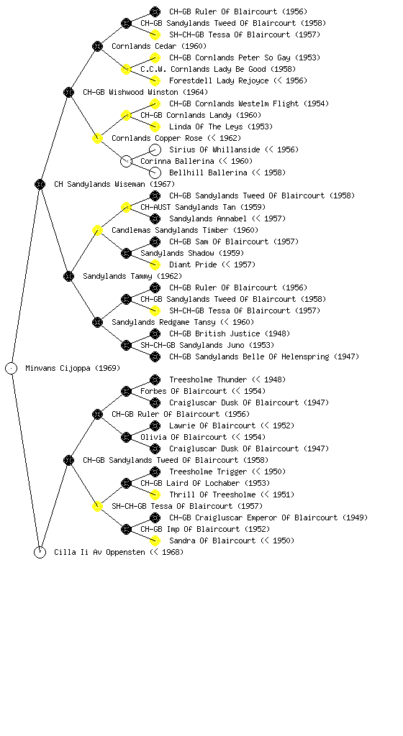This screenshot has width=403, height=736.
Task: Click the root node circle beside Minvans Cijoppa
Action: click(12, 369)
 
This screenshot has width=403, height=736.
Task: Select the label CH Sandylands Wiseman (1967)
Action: click(114, 185)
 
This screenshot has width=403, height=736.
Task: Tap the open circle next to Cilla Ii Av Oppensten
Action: click(40, 553)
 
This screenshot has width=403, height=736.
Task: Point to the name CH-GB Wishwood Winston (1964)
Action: click(145, 93)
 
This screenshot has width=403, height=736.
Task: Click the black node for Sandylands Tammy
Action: click(68, 277)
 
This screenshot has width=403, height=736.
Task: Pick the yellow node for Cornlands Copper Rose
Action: click(97, 139)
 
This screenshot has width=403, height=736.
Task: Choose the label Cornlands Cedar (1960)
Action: click(159, 47)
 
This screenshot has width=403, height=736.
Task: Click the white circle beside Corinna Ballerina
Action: click(126, 162)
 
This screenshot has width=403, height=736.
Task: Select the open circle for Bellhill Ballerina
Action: click(155, 172)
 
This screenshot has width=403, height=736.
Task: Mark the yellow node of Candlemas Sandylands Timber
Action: click(97, 231)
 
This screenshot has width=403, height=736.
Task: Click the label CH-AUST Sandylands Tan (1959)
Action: click(203, 208)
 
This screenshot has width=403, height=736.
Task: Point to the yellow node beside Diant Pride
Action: click(155, 264)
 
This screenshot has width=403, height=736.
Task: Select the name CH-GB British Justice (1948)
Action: click(230, 333)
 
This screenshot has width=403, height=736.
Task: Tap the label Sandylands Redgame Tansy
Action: click(164, 323)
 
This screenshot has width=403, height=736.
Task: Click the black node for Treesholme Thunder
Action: click(155, 379)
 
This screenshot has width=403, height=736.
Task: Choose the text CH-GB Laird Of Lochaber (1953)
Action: click(205, 484)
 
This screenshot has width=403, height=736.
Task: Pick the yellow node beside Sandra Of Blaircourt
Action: click(155, 540)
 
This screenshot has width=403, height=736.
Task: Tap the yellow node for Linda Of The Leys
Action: click(155, 126)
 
